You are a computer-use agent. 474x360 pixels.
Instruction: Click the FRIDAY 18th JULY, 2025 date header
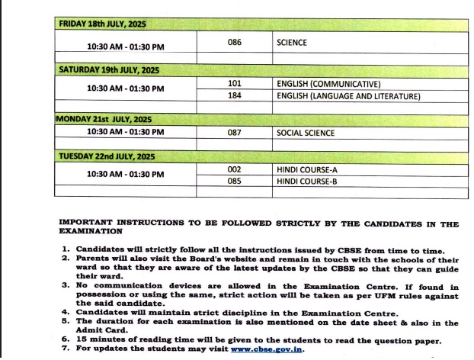[106, 24]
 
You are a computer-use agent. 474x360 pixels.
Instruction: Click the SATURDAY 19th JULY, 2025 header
[109, 70]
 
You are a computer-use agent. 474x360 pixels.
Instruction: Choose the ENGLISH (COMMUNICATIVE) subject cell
[329, 84]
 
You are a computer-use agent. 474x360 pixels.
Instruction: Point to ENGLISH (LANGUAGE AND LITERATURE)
[348, 96]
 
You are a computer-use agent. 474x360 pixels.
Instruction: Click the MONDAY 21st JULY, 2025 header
[104, 120]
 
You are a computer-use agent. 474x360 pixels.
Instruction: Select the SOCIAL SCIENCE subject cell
[306, 133]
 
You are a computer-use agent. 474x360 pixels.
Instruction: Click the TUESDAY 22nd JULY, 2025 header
[107, 156]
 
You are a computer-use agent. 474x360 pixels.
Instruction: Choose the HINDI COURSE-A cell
[307, 169]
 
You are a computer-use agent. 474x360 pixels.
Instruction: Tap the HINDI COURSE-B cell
[307, 182]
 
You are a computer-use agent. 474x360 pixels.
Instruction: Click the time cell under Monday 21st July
[125, 132]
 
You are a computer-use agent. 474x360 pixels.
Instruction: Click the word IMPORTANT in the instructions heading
[87, 224]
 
